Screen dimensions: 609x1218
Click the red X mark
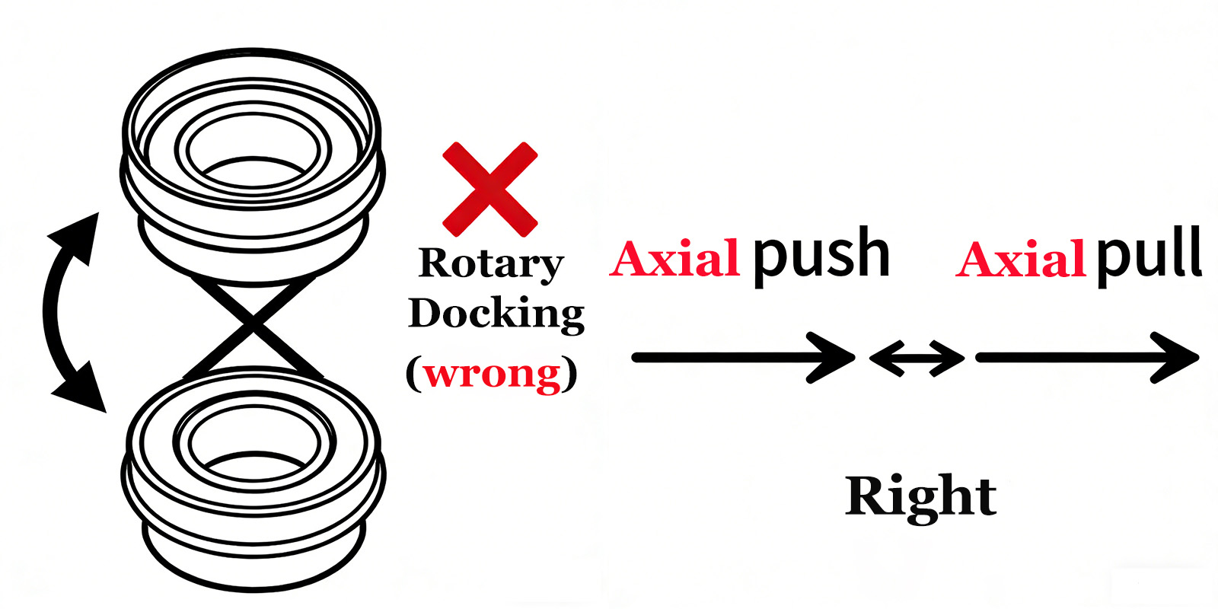[x=490, y=189]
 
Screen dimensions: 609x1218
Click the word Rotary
[x=491, y=263]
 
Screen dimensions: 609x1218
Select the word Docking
[x=496, y=314]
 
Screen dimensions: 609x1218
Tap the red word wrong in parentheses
[x=492, y=373]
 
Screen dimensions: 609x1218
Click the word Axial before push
[x=674, y=259]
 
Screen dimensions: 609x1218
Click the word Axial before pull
[x=1020, y=259]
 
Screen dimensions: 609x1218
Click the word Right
[x=920, y=496]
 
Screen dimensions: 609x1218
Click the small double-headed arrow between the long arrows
[x=917, y=358]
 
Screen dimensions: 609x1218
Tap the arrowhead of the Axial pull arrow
[x=1180, y=357]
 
